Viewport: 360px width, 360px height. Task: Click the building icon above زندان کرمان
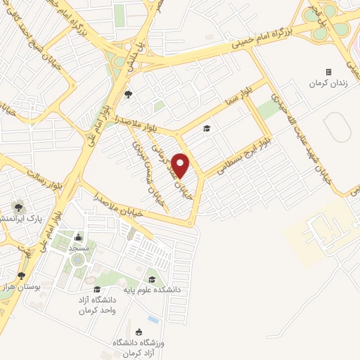coord(328,72)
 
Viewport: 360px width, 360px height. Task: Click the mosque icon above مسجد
coord(77,237)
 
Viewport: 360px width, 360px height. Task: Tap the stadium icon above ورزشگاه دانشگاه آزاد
coord(139,332)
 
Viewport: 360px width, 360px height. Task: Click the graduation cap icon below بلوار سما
coord(207,128)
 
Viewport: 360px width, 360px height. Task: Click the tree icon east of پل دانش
coord(127,93)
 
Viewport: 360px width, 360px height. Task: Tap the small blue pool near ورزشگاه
coord(153,321)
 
